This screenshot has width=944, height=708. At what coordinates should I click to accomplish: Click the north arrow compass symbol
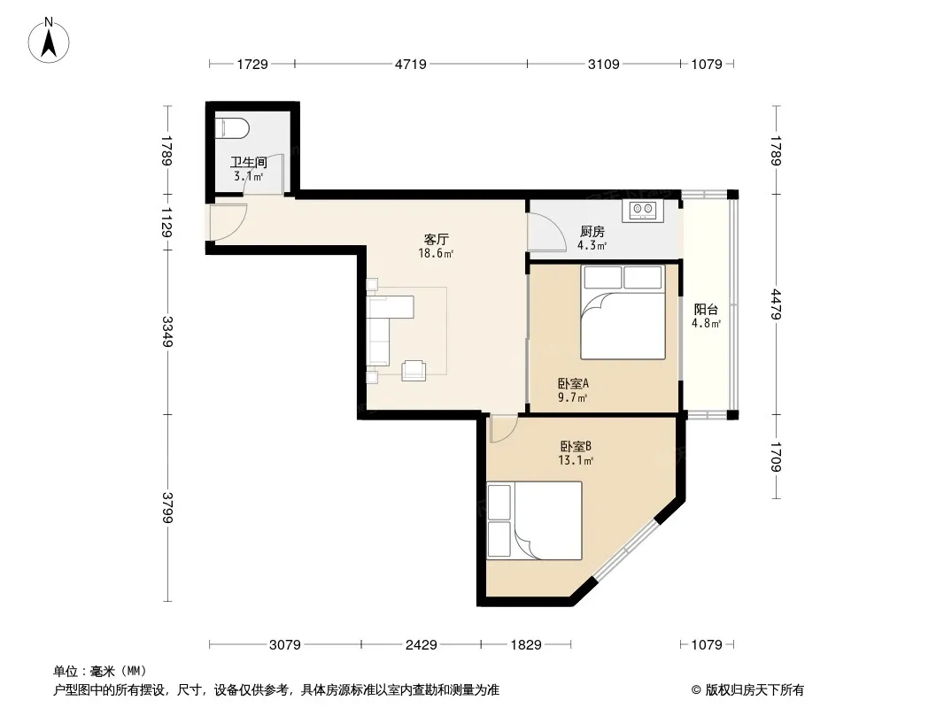[49, 41]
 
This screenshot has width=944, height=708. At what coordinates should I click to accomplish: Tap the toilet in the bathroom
[232, 127]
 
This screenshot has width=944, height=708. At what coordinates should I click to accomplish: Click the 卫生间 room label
[248, 162]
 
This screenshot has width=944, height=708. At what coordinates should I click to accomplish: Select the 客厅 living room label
[436, 240]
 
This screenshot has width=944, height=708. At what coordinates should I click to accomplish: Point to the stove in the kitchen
[643, 210]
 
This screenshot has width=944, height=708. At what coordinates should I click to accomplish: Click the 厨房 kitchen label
[592, 232]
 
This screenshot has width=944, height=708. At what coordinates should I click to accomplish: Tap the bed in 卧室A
[623, 312]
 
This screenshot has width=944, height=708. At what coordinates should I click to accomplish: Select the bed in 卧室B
[535, 520]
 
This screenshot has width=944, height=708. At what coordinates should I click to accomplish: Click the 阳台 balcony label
[706, 309]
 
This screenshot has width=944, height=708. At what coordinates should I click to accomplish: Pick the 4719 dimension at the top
[411, 64]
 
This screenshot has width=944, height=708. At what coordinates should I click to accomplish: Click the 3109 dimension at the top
[603, 64]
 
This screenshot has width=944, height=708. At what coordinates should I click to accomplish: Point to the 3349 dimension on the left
[166, 332]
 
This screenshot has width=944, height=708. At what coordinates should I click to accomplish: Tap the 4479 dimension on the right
[776, 304]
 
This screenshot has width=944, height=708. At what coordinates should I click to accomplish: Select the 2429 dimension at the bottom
[421, 645]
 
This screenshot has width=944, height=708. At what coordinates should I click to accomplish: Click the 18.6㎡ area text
[436, 253]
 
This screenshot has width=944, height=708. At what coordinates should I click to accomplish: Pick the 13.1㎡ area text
[576, 461]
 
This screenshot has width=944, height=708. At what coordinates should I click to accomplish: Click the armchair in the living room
[414, 370]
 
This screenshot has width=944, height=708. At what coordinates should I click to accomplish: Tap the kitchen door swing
[546, 232]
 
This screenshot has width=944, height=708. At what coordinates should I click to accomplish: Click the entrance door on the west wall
[228, 222]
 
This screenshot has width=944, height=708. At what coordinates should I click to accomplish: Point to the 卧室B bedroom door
[503, 428]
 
